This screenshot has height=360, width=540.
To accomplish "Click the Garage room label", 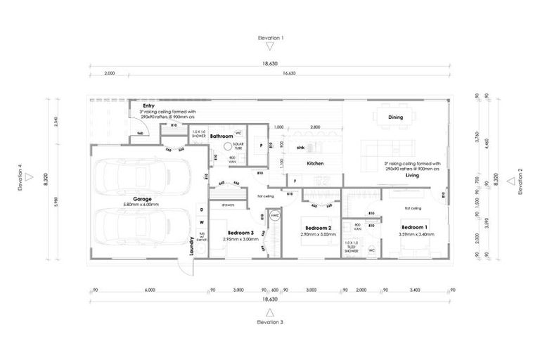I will coord(143,199).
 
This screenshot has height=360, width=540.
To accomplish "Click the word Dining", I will coord(394,117).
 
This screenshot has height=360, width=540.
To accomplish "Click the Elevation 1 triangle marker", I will coord(271,46).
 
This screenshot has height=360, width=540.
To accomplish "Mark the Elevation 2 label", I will coord(520,181).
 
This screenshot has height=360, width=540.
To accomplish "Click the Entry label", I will coord(148,105).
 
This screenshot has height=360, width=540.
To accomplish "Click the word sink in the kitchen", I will coord(300,148).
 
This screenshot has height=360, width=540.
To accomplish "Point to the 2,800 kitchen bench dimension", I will coord(314,127).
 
